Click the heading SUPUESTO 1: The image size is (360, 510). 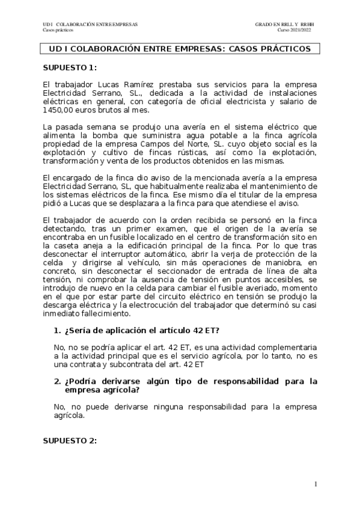(70, 68)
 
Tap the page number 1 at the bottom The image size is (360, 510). (316, 484)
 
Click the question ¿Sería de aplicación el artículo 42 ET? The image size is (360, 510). (141, 331)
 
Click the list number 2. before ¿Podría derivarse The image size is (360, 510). (57, 382)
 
